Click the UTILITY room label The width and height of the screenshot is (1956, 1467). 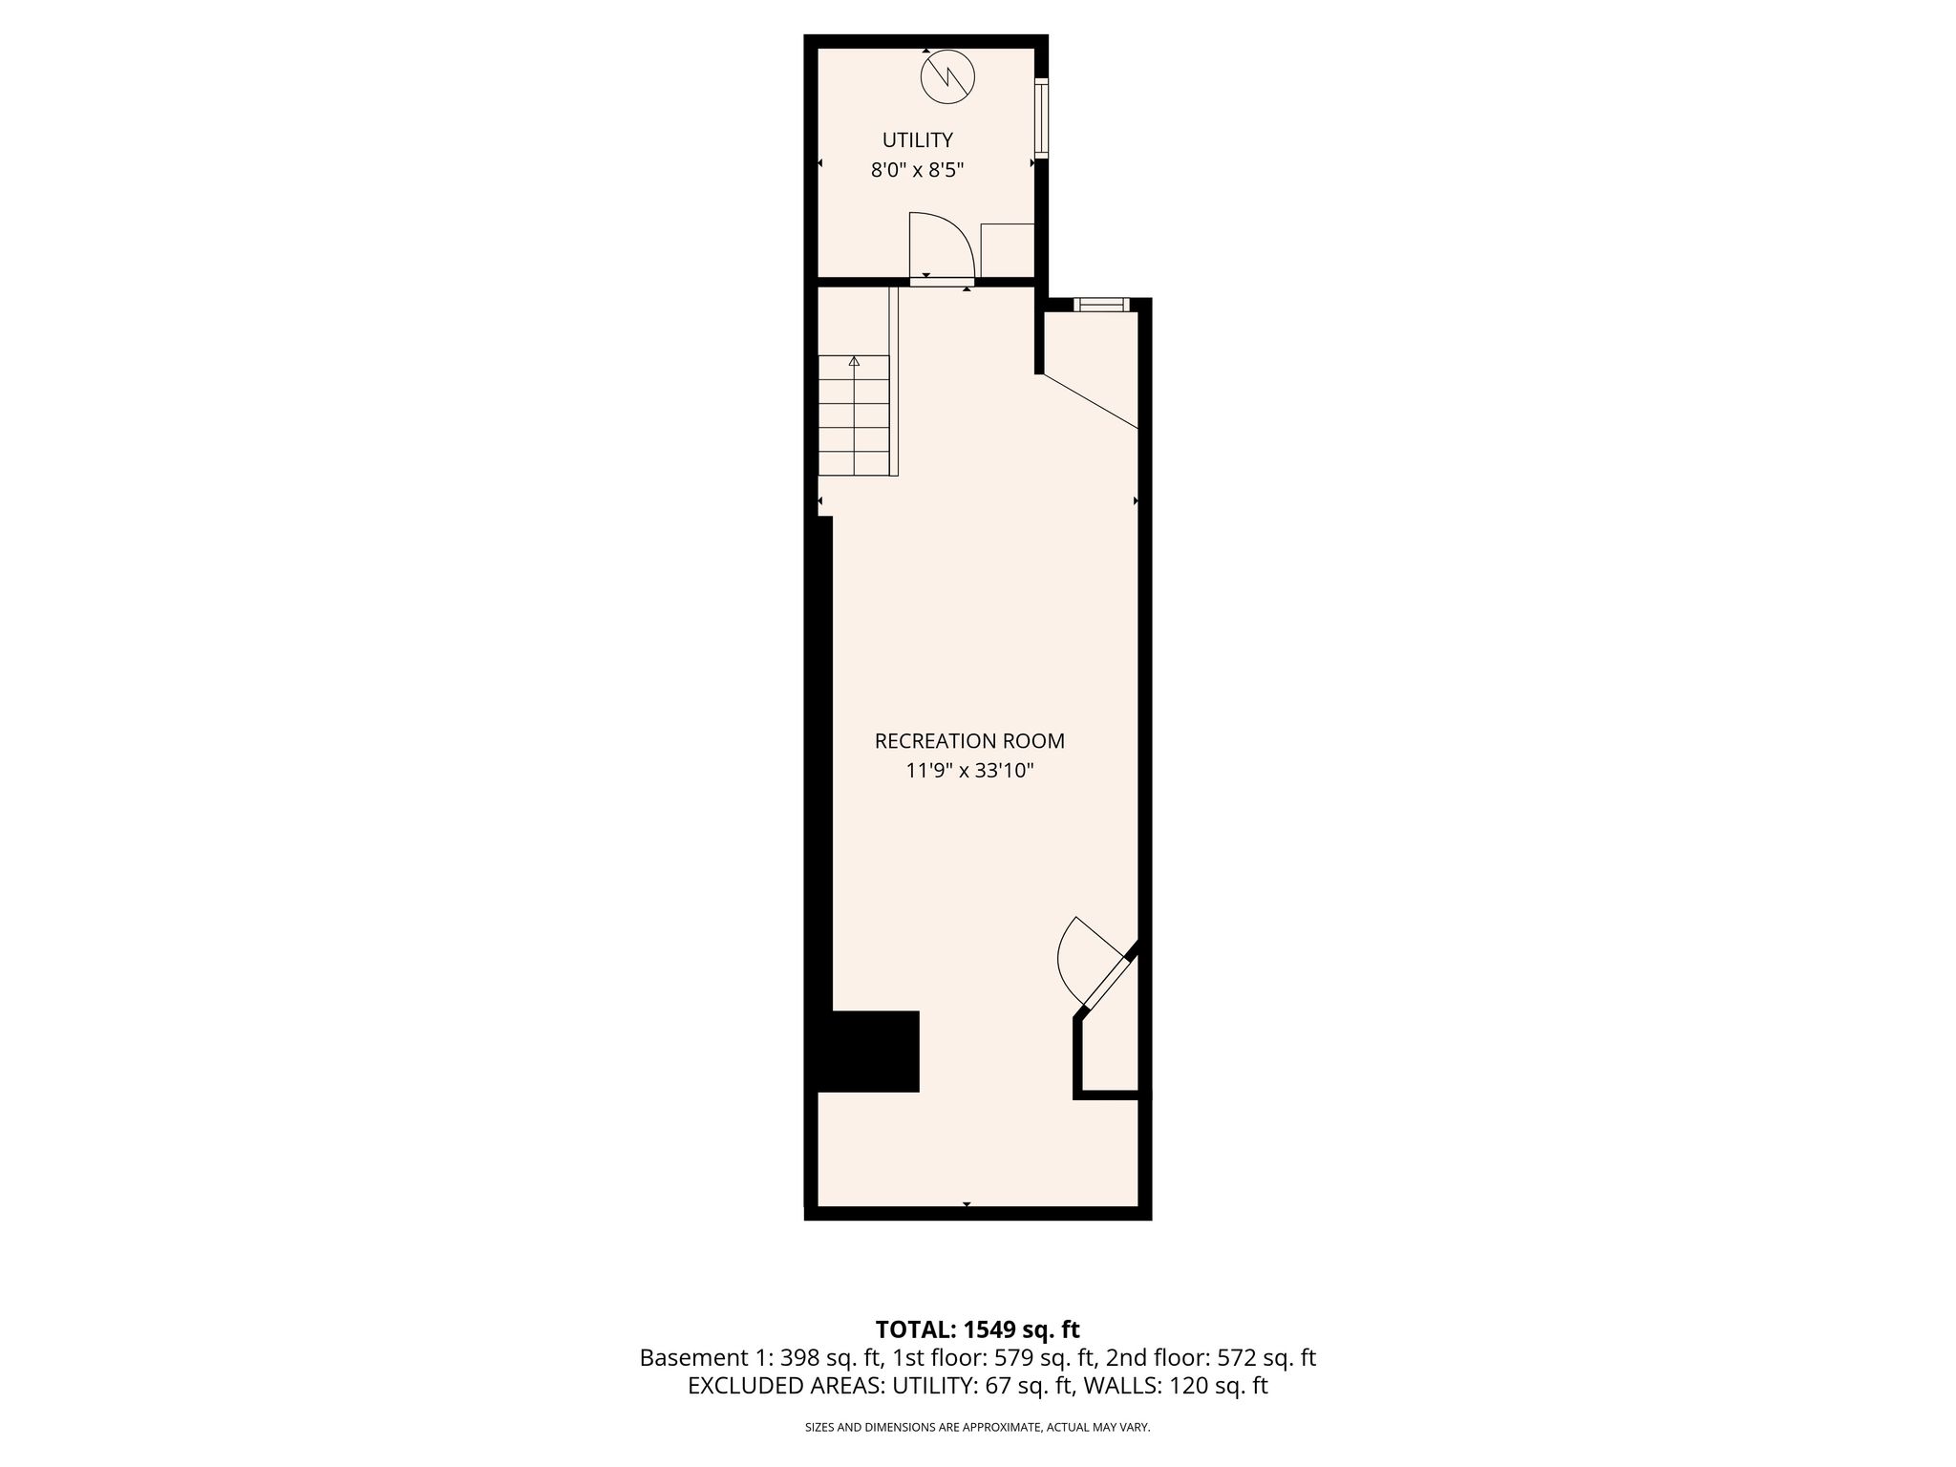tap(917, 140)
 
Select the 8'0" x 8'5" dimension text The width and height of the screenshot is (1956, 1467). tap(917, 171)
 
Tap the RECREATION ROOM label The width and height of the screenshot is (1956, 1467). tap(969, 740)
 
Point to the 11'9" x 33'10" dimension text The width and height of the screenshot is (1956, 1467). tap(969, 771)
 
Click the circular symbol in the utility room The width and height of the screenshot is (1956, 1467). tap(948, 76)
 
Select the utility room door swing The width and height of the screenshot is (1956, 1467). tap(941, 244)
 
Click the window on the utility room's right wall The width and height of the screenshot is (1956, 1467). tap(1041, 117)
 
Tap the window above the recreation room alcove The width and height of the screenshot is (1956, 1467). tap(1101, 305)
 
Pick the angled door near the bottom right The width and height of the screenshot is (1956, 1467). tap(1098, 965)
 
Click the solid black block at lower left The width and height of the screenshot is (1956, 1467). tap(868, 1051)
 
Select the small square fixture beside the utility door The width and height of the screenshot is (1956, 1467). tap(1008, 250)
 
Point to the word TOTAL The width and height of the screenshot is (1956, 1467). tap(912, 1329)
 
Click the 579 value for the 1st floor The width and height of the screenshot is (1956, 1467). tap(1012, 1357)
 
